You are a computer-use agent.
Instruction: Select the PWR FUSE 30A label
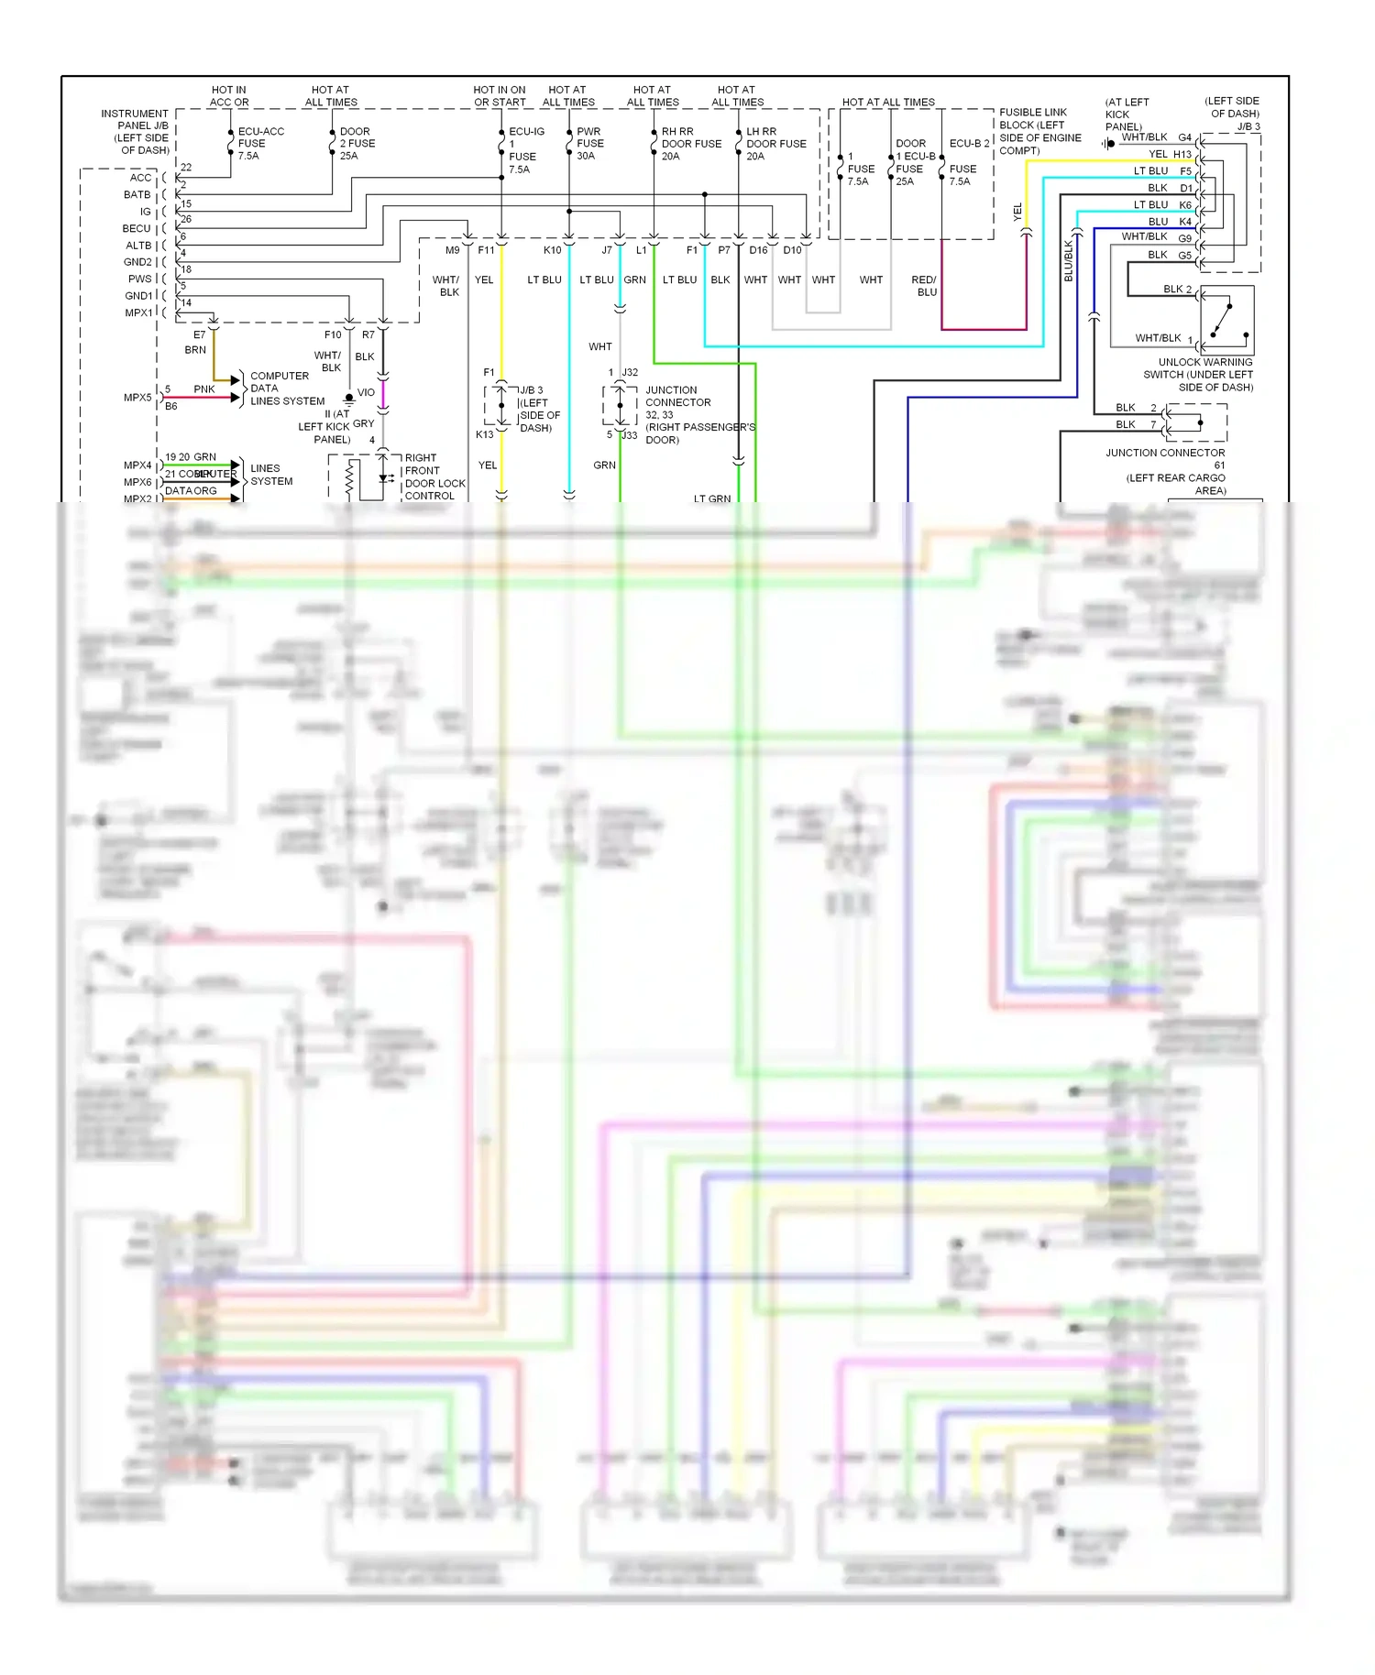pos(589,144)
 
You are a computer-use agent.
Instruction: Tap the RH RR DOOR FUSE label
pos(690,144)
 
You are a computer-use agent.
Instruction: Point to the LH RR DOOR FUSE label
pos(775,144)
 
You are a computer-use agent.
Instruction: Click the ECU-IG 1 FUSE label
pos(524,150)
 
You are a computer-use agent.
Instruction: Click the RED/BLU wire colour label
pos(925,286)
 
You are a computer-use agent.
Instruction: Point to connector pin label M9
pos(452,250)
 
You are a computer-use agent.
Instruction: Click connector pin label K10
pos(552,250)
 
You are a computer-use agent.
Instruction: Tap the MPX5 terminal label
pos(137,398)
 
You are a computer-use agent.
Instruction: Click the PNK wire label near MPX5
pos(203,389)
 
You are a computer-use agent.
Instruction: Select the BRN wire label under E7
pos(195,350)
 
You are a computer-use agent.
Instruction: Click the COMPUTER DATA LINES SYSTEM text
pos(286,389)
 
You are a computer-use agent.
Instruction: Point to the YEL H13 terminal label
pos(1170,155)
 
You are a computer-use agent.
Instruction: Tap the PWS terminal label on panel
pos(139,279)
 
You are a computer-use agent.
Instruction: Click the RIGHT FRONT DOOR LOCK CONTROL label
pos(434,476)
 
